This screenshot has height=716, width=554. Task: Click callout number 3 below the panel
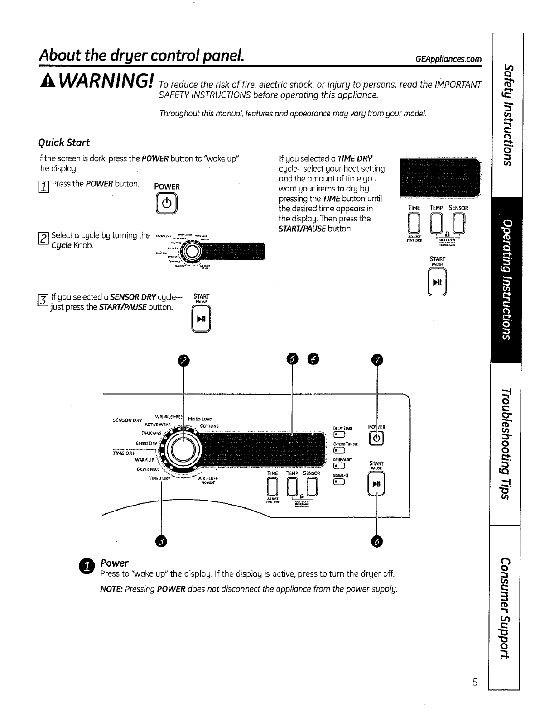pos(161,541)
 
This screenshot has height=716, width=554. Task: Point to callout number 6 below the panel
pos(377,541)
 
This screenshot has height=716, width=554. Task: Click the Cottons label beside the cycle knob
pos(209,426)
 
